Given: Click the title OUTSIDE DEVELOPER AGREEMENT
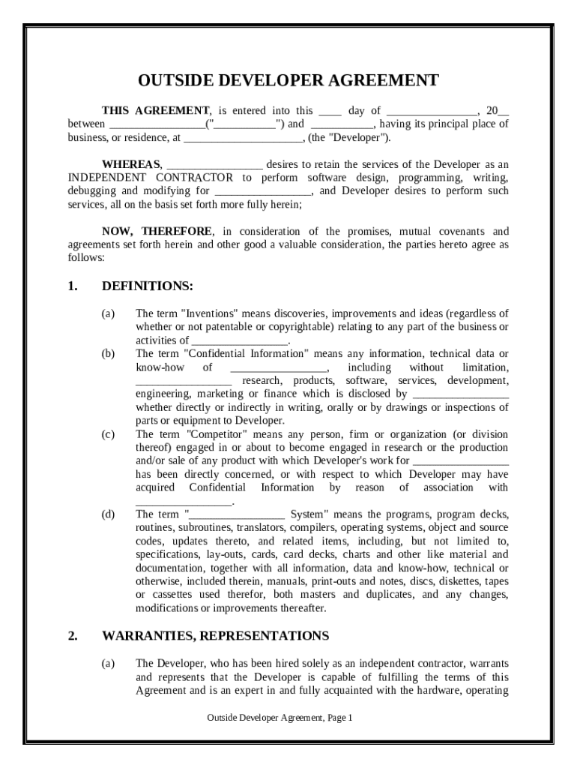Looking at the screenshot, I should [x=288, y=81].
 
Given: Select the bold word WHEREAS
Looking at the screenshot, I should [x=131, y=164].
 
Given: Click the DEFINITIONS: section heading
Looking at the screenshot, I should [x=148, y=286].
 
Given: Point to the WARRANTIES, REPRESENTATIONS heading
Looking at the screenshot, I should [x=215, y=636].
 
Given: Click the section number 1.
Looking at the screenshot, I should [x=73, y=286].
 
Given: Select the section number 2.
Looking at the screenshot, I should [x=73, y=636].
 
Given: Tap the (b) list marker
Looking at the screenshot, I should [x=109, y=353].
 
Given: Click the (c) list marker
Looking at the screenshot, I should [x=109, y=434].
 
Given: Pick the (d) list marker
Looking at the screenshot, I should [x=109, y=514].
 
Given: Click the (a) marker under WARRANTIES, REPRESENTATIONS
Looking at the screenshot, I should [x=109, y=664].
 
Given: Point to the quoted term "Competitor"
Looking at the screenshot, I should [x=215, y=434].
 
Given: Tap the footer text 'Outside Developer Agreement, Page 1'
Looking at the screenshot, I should [x=280, y=718].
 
